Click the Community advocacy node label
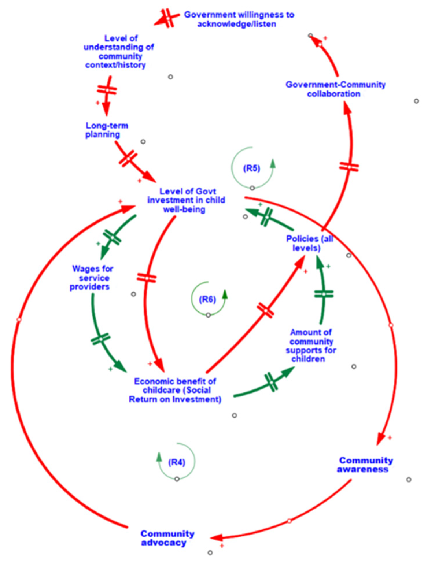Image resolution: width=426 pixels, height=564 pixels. point(167,538)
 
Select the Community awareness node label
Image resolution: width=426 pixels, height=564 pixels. point(365,464)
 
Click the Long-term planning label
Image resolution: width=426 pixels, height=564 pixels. point(106,130)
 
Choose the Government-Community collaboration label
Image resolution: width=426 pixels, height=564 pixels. point(335,89)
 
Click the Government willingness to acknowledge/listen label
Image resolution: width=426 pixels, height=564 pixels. point(239,19)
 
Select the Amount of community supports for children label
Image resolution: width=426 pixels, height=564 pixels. point(311,346)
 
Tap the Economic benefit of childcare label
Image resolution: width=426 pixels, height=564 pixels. point(175,390)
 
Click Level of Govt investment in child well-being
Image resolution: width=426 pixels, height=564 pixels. point(186,200)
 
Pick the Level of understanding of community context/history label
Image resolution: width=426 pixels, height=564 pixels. point(119,52)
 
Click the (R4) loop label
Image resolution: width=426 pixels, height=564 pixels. point(176,462)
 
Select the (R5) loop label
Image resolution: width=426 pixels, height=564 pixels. point(251,168)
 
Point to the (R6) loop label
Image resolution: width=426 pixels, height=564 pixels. point(207,299)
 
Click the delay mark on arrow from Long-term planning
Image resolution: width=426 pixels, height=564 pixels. point(128,158)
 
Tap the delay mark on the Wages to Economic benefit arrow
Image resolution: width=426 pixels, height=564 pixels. point(100,339)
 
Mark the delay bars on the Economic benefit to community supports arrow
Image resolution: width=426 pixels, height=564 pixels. point(271,382)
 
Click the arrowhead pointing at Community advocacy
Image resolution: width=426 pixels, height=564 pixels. point(216,538)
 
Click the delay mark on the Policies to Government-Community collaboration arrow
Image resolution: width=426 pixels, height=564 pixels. point(349,167)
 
